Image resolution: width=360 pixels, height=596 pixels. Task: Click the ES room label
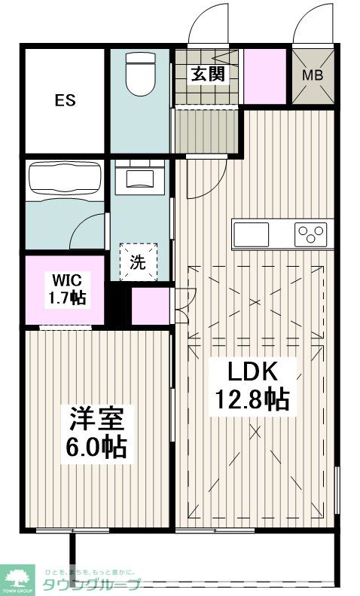[x=63, y=100]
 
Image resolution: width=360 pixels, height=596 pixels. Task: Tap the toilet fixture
[x=141, y=74]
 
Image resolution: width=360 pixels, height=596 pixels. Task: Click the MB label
[x=313, y=75]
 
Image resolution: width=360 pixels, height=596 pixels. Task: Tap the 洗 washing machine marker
[x=138, y=261]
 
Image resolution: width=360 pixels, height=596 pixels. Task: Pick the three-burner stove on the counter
[x=312, y=234]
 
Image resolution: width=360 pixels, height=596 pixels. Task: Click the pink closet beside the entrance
[x=264, y=75]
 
